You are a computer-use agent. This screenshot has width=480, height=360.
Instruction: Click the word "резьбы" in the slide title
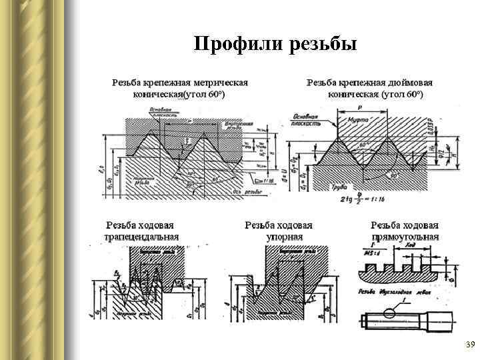click(324, 45)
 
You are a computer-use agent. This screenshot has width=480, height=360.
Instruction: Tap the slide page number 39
click(469, 345)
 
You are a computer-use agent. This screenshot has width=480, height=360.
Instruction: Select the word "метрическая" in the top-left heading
click(221, 83)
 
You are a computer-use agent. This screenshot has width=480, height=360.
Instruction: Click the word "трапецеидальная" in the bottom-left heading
click(141, 237)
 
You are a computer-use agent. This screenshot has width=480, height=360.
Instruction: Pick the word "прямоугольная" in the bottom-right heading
click(405, 237)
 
